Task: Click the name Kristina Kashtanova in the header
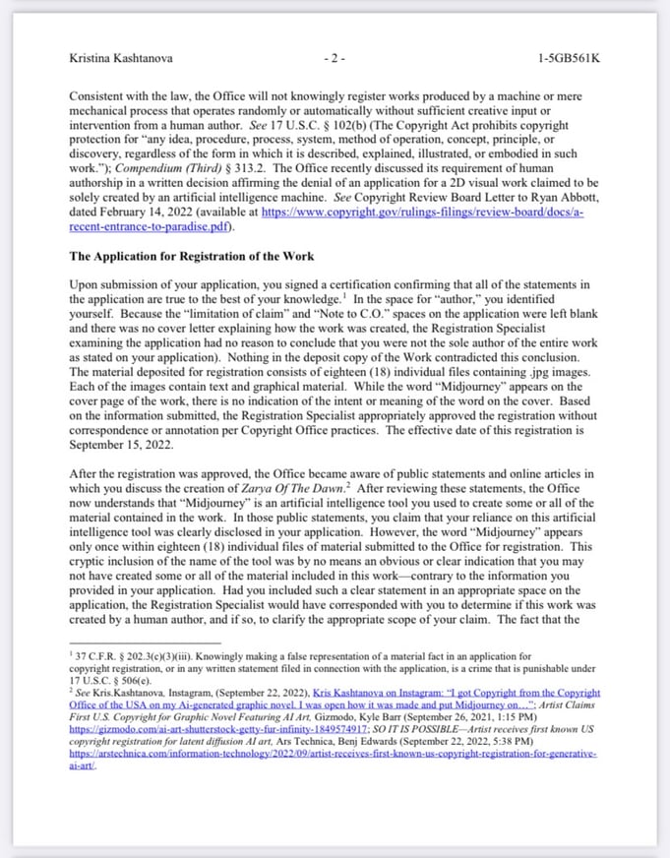[x=121, y=58]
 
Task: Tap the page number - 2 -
[x=335, y=58]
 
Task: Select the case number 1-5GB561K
[x=569, y=58]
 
